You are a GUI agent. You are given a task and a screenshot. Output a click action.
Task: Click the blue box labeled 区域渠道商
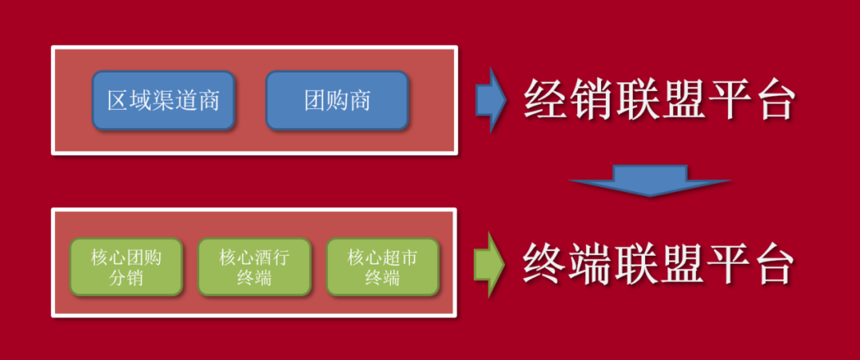[163, 100]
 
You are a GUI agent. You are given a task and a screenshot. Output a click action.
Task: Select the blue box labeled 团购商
[337, 100]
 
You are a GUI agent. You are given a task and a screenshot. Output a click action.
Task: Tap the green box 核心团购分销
[127, 268]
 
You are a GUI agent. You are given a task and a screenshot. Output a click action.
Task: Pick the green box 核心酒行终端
[254, 268]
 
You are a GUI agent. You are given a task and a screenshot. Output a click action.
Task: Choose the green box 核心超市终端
[382, 268]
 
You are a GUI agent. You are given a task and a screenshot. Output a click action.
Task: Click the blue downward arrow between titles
[650, 181]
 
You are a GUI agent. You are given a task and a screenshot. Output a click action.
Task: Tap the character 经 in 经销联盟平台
[545, 100]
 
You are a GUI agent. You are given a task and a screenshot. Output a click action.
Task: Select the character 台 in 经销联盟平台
[772, 100]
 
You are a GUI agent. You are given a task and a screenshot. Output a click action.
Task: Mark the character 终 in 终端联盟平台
[545, 264]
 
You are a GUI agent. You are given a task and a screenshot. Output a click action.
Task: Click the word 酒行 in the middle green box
[272, 257]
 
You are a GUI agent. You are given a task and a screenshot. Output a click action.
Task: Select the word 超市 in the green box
[400, 257]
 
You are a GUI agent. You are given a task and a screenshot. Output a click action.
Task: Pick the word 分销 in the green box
[127, 279]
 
